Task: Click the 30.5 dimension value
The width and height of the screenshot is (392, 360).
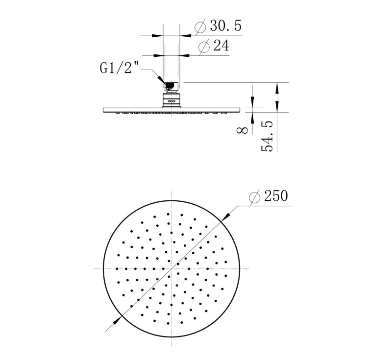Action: click(x=226, y=26)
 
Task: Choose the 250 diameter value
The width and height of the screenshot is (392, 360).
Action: click(x=276, y=196)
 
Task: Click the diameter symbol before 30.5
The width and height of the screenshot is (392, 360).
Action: click(x=200, y=27)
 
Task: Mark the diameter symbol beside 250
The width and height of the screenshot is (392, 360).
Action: click(x=254, y=197)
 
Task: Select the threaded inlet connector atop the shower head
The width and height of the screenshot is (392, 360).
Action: click(x=170, y=87)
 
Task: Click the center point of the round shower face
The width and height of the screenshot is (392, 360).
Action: click(x=171, y=268)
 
